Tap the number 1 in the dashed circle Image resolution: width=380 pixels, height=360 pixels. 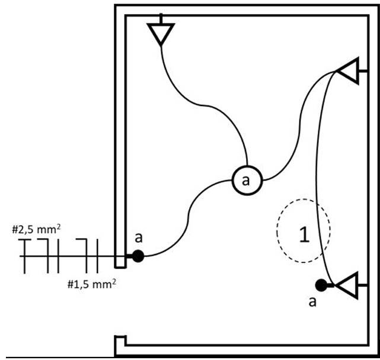[x=303, y=234]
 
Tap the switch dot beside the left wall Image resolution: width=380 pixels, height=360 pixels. [x=138, y=256]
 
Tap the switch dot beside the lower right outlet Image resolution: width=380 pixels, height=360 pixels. [x=321, y=285]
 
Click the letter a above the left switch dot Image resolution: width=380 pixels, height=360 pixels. [x=139, y=238]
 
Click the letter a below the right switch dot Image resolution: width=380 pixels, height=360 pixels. [x=313, y=303]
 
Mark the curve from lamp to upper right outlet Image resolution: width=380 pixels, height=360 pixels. [x=296, y=136]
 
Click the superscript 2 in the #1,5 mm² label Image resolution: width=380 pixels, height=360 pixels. [x=113, y=279]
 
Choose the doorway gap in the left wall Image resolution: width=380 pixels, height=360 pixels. [x=120, y=302]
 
